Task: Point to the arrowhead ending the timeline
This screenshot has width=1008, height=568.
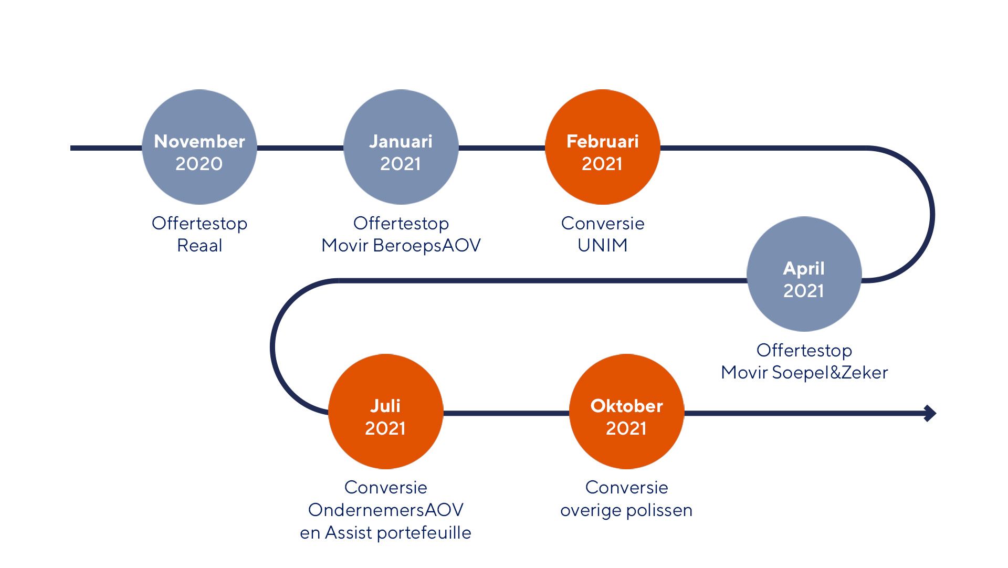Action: click(x=930, y=413)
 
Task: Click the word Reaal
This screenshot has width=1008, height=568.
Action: click(x=199, y=245)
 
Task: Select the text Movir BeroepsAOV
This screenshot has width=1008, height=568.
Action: click(x=401, y=245)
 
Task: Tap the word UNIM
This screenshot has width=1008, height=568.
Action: click(x=602, y=245)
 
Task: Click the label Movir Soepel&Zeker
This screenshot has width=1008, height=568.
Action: click(x=804, y=372)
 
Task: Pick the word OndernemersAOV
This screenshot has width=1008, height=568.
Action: click(x=385, y=510)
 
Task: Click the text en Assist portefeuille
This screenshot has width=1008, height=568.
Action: click(x=385, y=532)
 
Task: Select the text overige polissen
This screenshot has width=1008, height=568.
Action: click(x=626, y=510)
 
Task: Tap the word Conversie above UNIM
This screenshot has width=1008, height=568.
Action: click(x=602, y=223)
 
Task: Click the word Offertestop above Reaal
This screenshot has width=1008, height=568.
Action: click(x=199, y=223)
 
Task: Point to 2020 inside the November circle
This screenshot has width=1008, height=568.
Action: click(x=199, y=164)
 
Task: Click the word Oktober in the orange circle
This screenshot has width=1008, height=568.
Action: click(x=626, y=406)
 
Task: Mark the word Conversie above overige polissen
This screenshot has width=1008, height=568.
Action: click(x=626, y=487)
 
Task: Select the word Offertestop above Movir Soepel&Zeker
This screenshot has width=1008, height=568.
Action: click(x=804, y=350)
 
